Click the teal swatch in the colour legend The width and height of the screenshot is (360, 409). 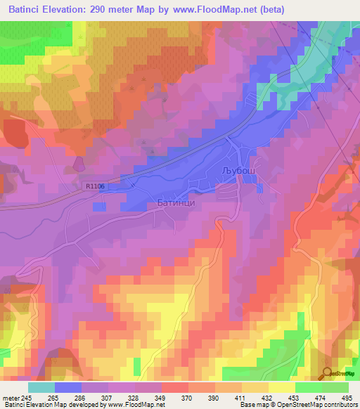pos(41,387)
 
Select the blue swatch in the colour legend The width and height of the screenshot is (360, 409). pos(68,387)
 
